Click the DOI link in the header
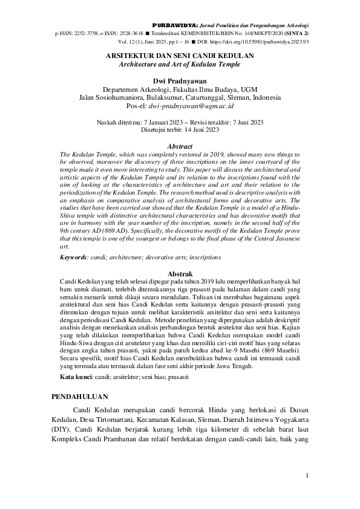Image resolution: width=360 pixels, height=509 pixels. [275, 43]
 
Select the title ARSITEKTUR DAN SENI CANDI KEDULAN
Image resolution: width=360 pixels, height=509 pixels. [180, 55]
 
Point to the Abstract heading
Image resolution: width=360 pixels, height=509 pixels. [180, 146]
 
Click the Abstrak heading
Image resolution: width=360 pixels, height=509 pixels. [180, 274]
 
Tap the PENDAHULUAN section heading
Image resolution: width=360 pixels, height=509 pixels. [78, 397]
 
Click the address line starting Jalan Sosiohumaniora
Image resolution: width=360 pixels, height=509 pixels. [180, 97]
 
